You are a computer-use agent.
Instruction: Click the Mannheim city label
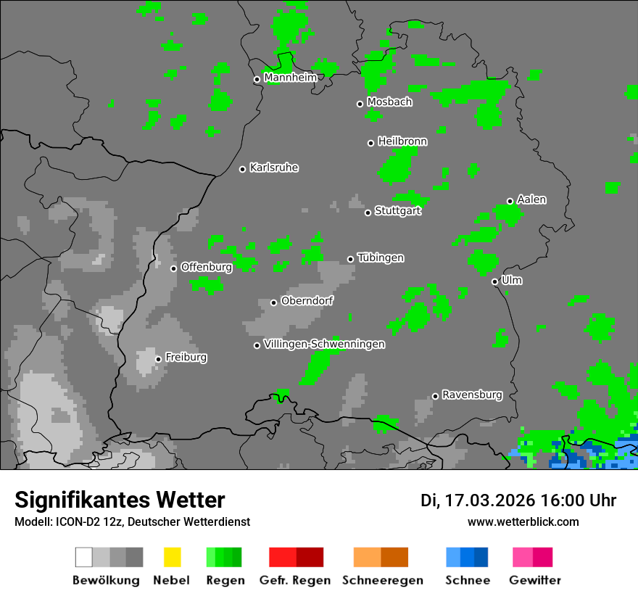pos(290,78)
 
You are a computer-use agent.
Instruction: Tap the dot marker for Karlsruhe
pos(243,169)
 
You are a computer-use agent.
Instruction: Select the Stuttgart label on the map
pos(398,211)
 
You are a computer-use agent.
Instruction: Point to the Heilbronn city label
pos(402,141)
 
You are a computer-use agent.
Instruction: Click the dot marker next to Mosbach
pos(360,104)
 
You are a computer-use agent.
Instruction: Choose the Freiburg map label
pos(186,358)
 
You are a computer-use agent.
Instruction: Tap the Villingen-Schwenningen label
pos(324,345)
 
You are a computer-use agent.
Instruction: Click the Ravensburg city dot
pos(435,396)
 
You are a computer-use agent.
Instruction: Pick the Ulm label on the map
pos(512,280)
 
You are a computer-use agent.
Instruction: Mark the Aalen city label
pos(531,199)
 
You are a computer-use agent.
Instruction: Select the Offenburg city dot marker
pos(174,268)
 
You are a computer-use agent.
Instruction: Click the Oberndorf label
pos(307,301)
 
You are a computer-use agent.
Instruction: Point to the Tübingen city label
pos(381,258)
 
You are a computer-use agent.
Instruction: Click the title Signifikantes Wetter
pos(120,500)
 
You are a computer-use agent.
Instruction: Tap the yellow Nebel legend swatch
pos(172,557)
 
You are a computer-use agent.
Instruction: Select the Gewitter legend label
pos(535,580)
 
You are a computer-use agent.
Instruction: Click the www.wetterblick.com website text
pos(523,521)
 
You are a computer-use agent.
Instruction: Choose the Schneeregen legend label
pos(383,580)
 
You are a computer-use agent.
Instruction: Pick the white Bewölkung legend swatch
pos(84,557)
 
